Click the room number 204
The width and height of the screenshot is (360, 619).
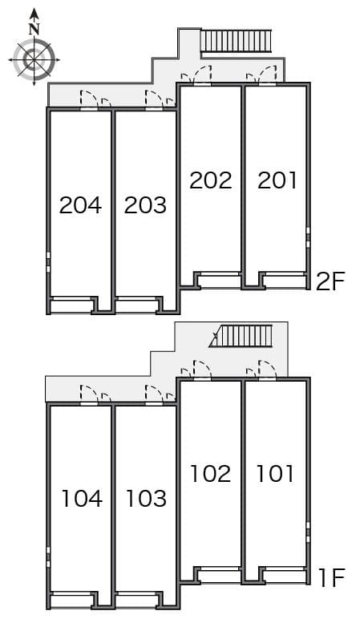tap(80, 205)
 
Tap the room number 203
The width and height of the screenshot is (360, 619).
tap(145, 205)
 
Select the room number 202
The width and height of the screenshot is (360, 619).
tap(210, 180)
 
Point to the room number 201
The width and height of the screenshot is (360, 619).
tap(277, 180)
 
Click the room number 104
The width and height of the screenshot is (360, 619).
tap(82, 498)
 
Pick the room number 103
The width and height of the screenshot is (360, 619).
tap(146, 498)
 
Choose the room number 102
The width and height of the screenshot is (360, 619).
tap(210, 474)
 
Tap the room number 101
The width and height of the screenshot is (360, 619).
tap(275, 474)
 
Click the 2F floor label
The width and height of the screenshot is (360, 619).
tap(331, 281)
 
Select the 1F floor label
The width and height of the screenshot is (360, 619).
tap(332, 577)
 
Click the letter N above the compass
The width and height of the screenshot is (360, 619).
tap(34, 29)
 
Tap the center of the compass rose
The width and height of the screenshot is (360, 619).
tap(34, 60)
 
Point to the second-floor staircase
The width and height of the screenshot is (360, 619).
tap(236, 41)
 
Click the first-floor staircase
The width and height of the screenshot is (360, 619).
tap(241, 336)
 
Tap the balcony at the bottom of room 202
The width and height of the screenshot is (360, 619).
tap(219, 281)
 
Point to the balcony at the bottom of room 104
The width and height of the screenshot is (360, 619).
tap(71, 599)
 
